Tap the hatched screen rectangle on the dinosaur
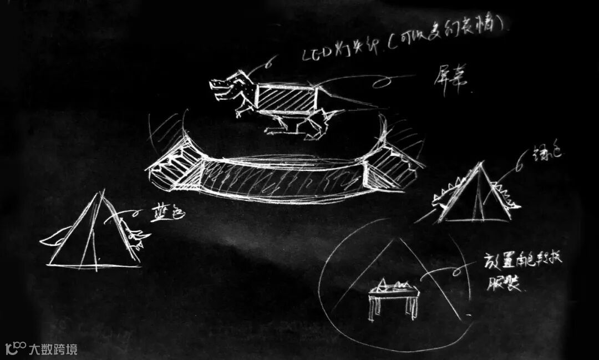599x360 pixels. tap(286, 99)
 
